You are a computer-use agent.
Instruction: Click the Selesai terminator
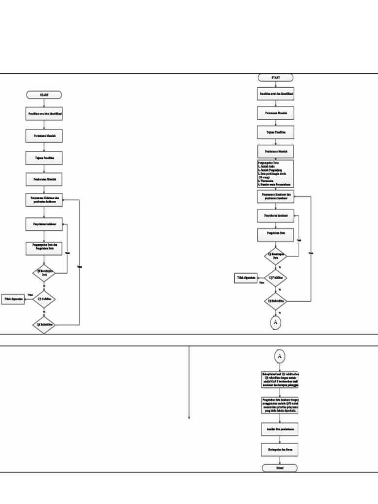click(280, 468)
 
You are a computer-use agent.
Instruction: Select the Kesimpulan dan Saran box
click(280, 449)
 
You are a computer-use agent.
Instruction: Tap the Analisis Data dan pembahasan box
click(280, 429)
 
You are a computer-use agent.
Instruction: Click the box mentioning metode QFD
click(280, 405)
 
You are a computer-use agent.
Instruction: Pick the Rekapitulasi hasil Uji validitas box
click(280, 379)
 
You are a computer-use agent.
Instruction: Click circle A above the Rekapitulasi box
click(280, 356)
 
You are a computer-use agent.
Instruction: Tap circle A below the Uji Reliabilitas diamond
click(275, 322)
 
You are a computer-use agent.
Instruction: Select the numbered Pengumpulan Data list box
click(275, 174)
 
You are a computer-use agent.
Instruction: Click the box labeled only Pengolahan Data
click(275, 235)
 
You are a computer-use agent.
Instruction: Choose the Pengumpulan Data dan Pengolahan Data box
click(44, 249)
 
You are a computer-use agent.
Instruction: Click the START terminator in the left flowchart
click(44, 94)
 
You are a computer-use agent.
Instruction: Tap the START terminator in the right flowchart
click(275, 78)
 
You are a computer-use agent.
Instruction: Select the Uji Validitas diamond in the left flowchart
click(44, 299)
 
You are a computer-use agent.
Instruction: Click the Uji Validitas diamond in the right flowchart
click(275, 278)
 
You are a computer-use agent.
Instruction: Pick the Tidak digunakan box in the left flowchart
click(13, 299)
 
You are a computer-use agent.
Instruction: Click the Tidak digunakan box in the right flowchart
click(246, 278)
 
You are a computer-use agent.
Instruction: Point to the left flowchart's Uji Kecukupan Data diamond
click(44, 272)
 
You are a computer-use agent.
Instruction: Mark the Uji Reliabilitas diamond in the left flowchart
click(44, 325)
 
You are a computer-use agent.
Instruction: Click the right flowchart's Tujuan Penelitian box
click(275, 132)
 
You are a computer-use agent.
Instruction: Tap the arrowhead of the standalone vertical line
click(189, 418)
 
